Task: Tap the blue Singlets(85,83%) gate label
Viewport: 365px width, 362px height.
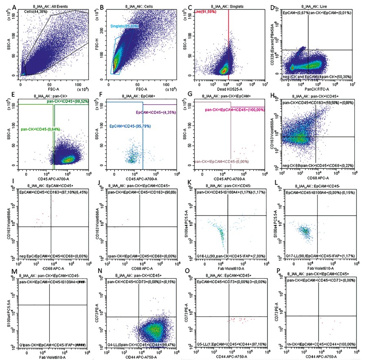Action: click(124, 26)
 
